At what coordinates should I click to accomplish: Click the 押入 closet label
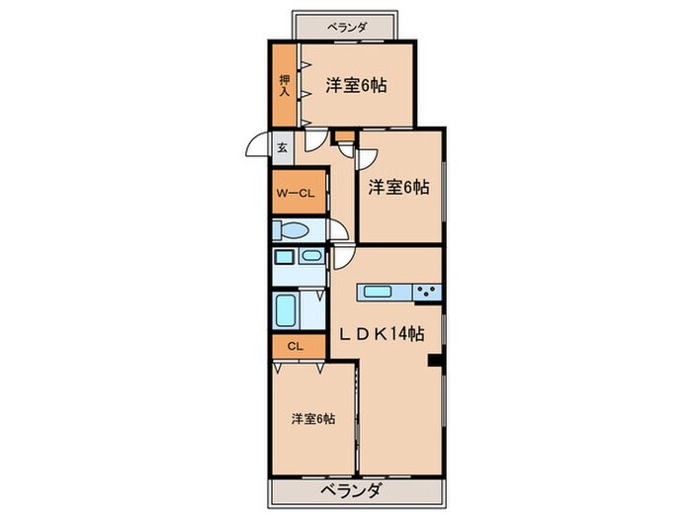[x=285, y=85]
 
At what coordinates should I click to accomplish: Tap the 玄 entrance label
[x=282, y=148]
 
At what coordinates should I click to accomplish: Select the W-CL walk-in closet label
[x=295, y=193]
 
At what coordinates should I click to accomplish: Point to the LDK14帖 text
[x=384, y=334]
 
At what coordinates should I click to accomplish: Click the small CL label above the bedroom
[x=295, y=346]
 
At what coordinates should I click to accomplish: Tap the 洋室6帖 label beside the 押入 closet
[x=355, y=85]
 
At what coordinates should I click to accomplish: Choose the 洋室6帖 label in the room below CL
[x=312, y=419]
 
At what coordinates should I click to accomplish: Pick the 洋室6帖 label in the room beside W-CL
[x=399, y=187]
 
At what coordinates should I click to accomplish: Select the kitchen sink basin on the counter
[x=377, y=292]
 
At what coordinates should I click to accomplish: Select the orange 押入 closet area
[x=285, y=86]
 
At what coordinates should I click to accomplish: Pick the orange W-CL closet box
[x=295, y=193]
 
